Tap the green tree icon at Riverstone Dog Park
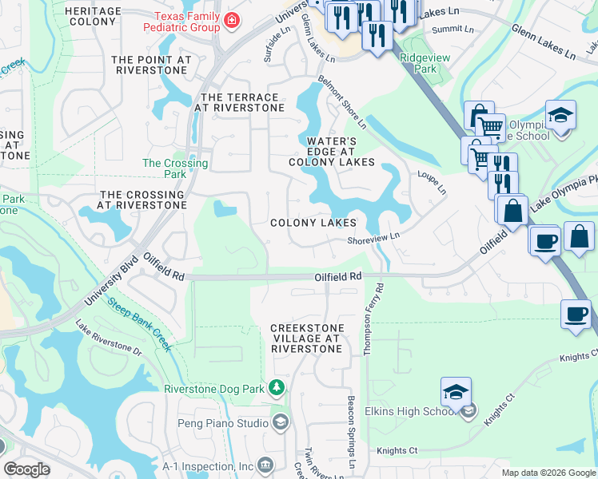point(277,388)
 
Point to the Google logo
point(26,469)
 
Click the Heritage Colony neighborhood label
point(93,18)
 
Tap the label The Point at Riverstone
point(152,65)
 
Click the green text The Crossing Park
point(174,168)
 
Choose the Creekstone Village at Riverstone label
point(307,338)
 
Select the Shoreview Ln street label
point(373,239)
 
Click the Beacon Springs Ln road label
point(350,431)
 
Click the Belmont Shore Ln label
point(341,103)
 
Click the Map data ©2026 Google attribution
point(548,473)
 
